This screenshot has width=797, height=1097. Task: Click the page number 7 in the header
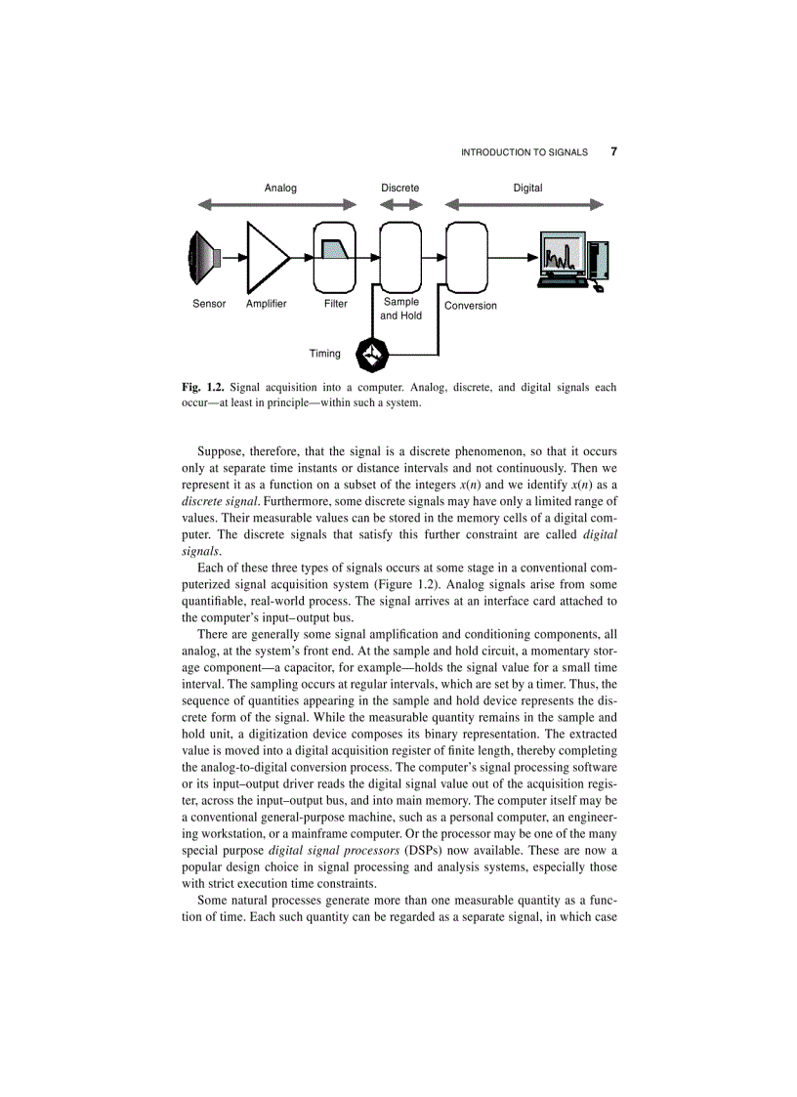click(x=613, y=151)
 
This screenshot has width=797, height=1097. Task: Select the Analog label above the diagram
click(x=280, y=188)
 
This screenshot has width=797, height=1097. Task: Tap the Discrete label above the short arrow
click(x=400, y=188)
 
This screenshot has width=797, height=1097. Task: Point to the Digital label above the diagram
click(x=527, y=188)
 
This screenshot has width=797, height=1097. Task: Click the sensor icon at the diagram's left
click(x=204, y=258)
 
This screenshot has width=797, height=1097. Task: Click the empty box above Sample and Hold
click(x=400, y=256)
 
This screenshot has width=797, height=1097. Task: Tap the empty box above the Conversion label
click(x=466, y=256)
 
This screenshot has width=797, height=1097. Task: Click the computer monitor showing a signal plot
click(x=562, y=256)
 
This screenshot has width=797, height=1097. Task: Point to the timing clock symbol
click(x=373, y=355)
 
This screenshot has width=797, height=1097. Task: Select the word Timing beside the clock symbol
click(x=325, y=354)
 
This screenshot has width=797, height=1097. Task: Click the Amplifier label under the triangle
click(x=267, y=304)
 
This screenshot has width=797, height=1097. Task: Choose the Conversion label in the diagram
click(x=471, y=306)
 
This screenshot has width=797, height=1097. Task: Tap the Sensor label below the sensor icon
click(x=209, y=304)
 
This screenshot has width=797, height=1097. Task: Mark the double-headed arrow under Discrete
click(x=400, y=205)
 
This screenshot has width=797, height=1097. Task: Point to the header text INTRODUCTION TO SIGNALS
click(x=524, y=152)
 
